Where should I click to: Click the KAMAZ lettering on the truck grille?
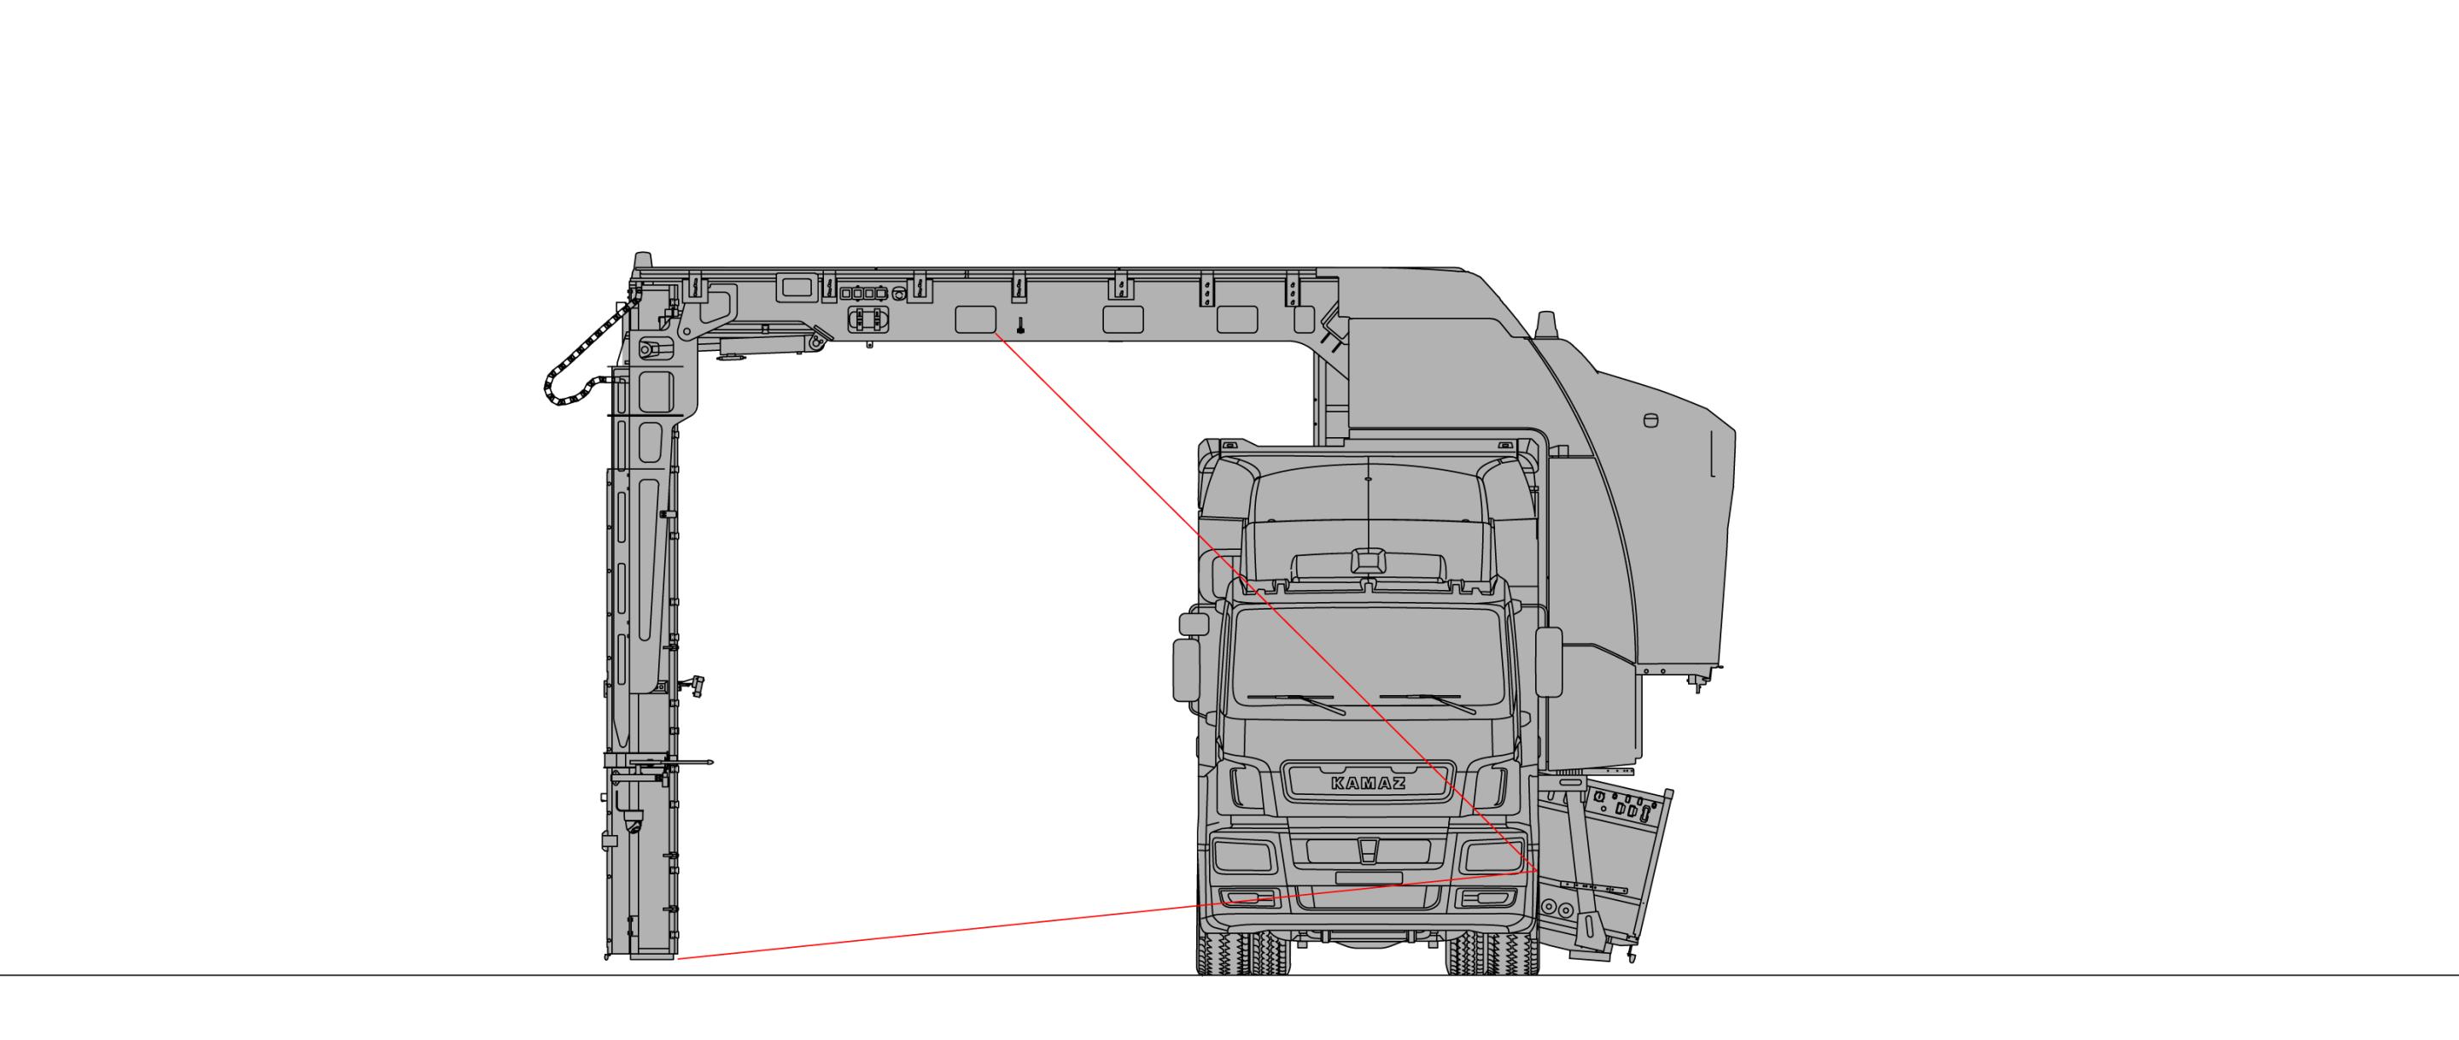(1368, 783)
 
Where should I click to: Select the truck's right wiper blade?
(1429, 703)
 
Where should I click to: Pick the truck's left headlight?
(1241, 856)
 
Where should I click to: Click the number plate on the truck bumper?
(1368, 878)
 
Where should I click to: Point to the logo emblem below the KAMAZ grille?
(1368, 849)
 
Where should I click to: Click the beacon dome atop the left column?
(645, 260)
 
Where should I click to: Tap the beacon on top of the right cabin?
(1545, 324)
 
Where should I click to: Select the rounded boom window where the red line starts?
(976, 319)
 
